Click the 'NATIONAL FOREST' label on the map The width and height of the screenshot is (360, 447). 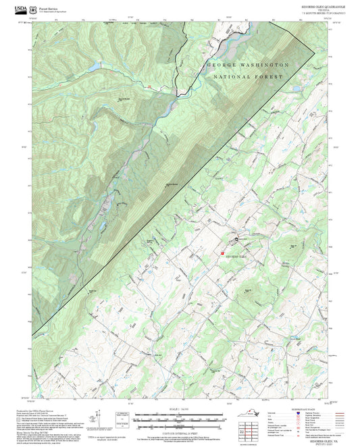point(251,77)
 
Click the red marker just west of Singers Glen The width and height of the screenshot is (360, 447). point(222,253)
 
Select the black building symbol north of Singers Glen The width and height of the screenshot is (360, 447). point(237,238)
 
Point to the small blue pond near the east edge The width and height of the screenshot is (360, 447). point(295,88)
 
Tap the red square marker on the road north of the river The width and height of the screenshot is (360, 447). point(149,86)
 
